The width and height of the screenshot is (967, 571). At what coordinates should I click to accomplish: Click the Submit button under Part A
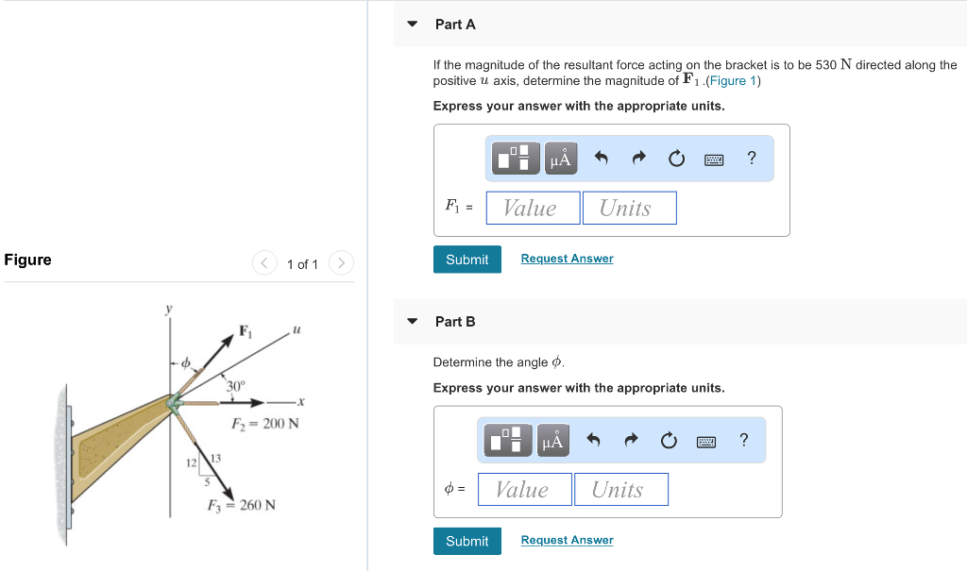(467, 260)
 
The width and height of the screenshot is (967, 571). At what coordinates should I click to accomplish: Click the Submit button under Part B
(467, 541)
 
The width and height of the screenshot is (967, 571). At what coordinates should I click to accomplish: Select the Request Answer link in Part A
(567, 259)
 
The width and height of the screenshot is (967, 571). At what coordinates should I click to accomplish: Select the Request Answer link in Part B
(567, 540)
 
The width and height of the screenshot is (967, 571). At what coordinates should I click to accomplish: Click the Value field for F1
(533, 208)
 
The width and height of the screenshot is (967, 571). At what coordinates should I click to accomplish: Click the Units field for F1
(629, 208)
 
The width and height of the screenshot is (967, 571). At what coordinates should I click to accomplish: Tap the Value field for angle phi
(524, 489)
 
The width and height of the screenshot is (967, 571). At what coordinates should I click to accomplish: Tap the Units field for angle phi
(620, 489)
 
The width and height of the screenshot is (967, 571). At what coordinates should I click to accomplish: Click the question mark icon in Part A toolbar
(751, 159)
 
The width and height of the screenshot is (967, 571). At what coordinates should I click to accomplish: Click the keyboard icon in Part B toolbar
(706, 441)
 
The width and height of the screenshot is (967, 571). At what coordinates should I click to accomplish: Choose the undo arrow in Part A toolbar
(601, 159)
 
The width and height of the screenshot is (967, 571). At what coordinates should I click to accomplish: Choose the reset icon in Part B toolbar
(669, 441)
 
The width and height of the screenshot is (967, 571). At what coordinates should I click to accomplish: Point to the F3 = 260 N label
(242, 505)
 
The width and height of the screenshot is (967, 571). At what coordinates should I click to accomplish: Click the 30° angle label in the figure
(235, 385)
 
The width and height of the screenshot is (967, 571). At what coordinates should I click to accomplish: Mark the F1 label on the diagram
(246, 331)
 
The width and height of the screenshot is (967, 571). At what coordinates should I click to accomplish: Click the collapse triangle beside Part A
(412, 25)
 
